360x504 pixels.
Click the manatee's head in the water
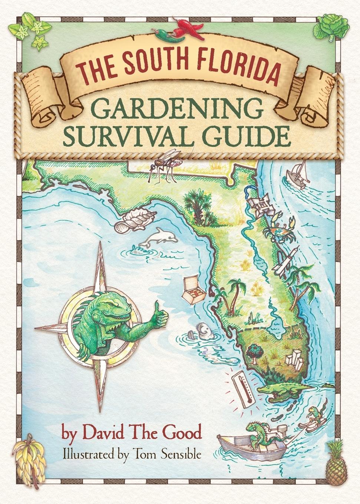204,330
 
